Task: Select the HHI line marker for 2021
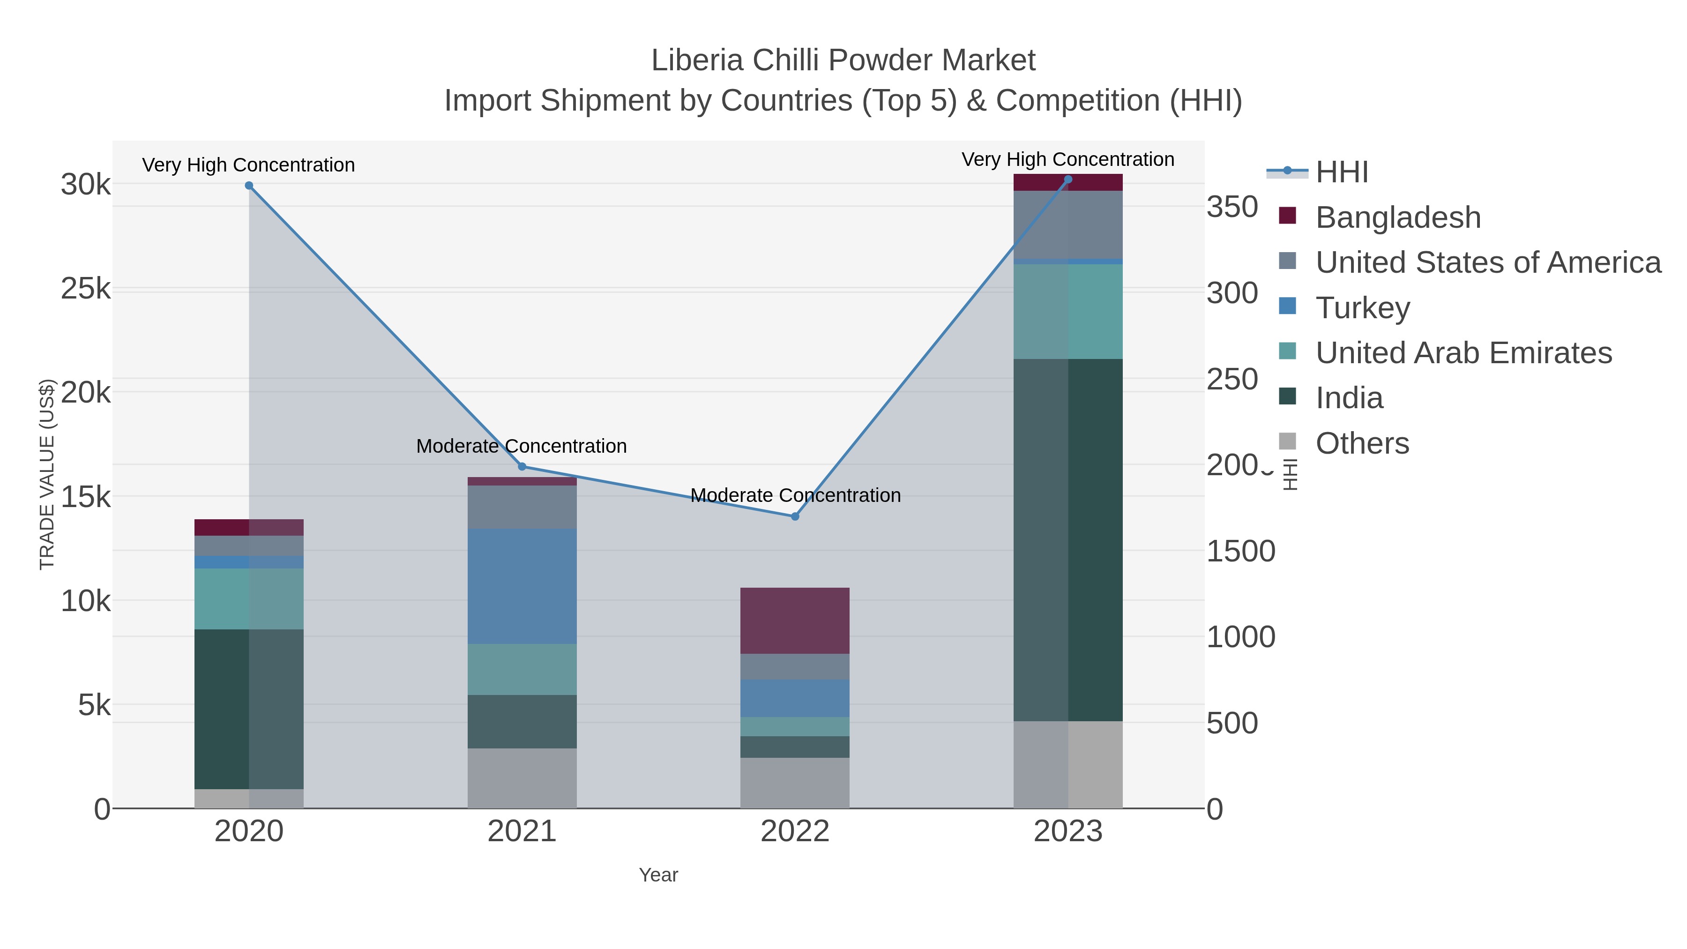coord(522,466)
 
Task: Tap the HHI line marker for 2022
coord(795,516)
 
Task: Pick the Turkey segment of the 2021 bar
coord(522,586)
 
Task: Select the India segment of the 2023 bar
coord(1067,540)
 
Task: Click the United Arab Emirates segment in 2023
coord(1067,312)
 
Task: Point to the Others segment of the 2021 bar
coord(522,778)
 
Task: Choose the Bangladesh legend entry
coord(1397,217)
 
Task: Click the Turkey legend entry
coord(1362,308)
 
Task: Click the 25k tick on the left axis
coord(86,289)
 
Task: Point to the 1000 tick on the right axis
coord(1240,637)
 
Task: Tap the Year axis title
coord(658,875)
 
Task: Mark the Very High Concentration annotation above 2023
coord(1067,159)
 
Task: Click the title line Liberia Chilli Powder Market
coord(843,60)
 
